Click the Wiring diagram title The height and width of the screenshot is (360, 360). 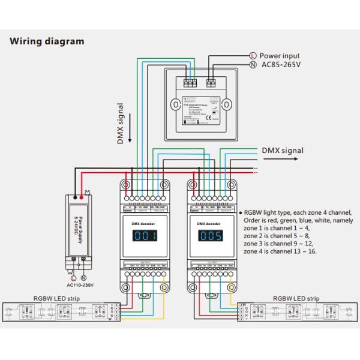47,41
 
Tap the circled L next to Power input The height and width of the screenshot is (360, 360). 253,55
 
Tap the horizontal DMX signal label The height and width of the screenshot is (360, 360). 283,151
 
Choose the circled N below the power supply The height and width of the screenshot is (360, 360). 84,278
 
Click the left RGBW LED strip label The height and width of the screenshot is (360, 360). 56,298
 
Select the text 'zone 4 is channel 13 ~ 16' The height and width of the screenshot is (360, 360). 280,251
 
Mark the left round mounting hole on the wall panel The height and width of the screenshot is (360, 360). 174,104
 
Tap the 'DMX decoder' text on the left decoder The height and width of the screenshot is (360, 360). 143,222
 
